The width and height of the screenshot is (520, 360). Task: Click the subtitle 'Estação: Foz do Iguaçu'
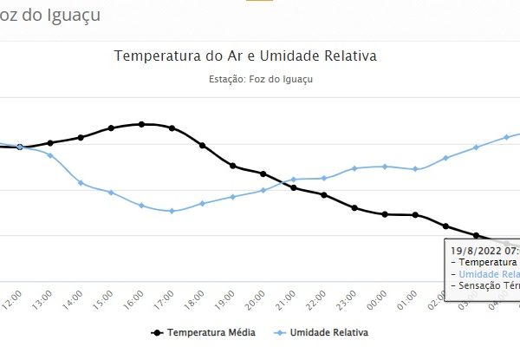point(261,79)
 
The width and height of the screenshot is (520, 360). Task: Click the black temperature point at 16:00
point(141,124)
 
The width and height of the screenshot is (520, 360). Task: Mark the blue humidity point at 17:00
point(172,211)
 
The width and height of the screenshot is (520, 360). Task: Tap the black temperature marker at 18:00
point(202,146)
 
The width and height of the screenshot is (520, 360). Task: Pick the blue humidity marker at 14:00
point(81,182)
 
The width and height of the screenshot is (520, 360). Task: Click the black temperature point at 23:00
point(354,208)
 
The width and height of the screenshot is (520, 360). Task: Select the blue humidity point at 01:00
point(416,169)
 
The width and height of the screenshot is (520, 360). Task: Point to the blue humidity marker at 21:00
point(294,180)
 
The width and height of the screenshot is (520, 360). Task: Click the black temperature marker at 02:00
point(446,226)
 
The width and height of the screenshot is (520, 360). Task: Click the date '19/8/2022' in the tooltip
point(473,250)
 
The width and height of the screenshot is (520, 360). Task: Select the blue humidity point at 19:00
point(232,197)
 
